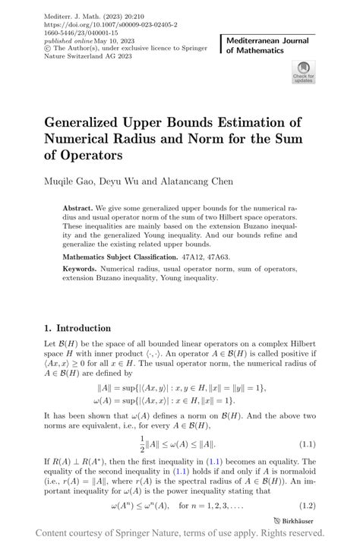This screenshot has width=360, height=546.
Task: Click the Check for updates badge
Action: (302, 73)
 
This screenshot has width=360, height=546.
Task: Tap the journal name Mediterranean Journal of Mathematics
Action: (263, 44)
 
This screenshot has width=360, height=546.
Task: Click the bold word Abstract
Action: (77, 207)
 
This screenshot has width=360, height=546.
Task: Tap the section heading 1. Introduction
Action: (77, 328)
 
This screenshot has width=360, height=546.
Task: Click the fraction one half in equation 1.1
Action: (142, 443)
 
